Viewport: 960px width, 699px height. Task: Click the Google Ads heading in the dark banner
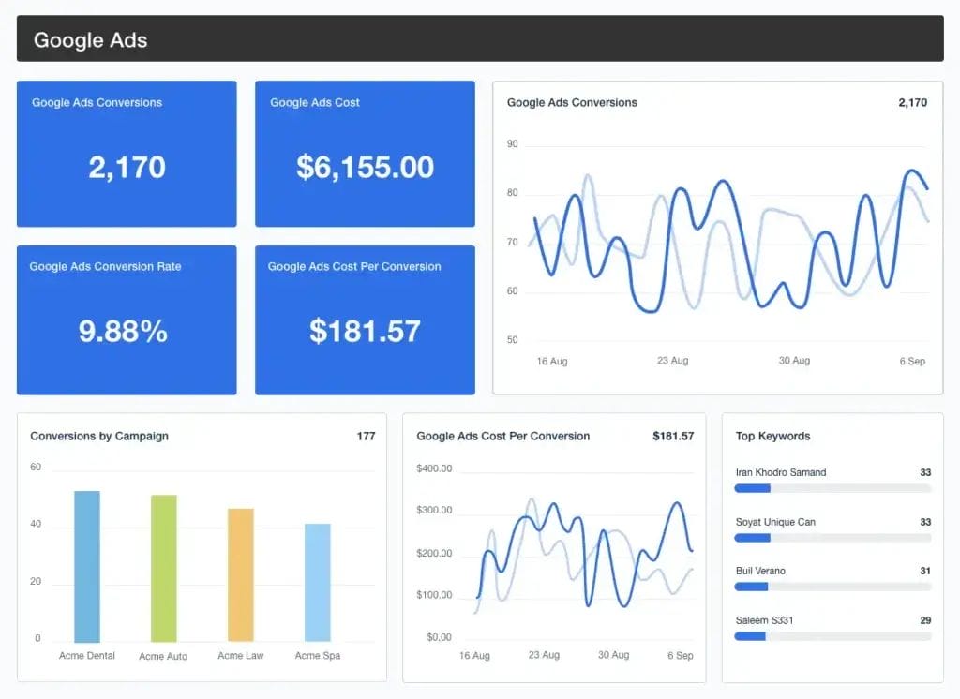click(x=90, y=40)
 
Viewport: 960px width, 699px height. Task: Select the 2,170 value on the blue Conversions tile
click(x=127, y=167)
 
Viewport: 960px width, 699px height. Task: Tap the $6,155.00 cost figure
click(x=365, y=167)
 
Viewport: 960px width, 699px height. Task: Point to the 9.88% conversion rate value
click(x=123, y=331)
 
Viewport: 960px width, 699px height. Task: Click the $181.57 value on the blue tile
click(x=365, y=331)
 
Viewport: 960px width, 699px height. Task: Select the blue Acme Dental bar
click(x=87, y=567)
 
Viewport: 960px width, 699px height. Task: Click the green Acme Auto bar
click(x=163, y=569)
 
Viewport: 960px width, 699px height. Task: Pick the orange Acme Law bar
click(x=240, y=575)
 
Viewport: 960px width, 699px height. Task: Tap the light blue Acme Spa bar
click(x=317, y=583)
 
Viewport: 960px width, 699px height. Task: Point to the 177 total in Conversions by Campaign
click(x=366, y=436)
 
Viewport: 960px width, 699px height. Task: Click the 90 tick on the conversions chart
click(x=513, y=144)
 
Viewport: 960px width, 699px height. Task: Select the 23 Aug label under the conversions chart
click(x=673, y=361)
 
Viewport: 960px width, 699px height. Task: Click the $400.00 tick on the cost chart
click(x=434, y=468)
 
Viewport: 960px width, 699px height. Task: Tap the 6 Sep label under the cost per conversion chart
click(x=679, y=655)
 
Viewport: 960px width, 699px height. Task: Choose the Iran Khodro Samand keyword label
click(x=781, y=472)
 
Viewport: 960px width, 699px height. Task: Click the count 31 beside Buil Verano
click(x=925, y=571)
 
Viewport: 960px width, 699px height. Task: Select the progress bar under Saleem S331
click(x=832, y=635)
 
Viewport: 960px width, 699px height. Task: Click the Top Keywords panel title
click(x=772, y=436)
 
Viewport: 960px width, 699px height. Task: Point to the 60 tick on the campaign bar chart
click(x=36, y=467)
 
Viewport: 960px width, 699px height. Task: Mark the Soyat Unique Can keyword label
click(x=775, y=522)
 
